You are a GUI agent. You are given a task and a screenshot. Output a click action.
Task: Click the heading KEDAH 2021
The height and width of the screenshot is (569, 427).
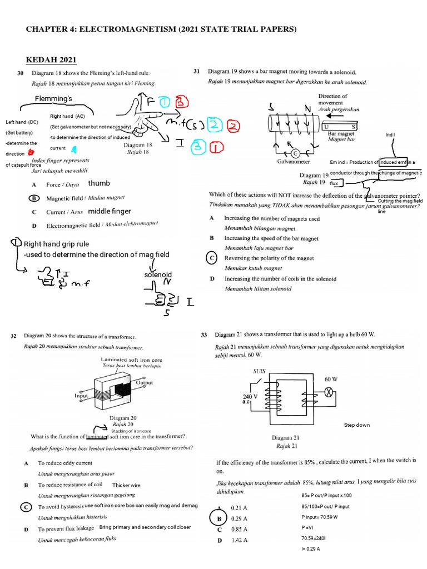click(x=51, y=60)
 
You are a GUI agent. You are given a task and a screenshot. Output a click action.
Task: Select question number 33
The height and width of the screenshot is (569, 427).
click(x=204, y=335)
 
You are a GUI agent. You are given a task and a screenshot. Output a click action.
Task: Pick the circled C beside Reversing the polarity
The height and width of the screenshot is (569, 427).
click(x=212, y=258)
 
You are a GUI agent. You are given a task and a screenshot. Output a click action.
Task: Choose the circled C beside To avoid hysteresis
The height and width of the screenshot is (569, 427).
click(x=25, y=507)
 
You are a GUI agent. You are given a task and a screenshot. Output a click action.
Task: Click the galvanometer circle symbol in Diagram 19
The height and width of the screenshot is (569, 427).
click(x=295, y=153)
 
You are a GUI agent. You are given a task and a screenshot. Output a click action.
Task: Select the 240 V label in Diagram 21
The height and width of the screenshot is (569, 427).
click(x=251, y=397)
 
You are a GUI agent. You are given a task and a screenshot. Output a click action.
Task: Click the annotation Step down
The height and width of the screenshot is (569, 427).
click(x=357, y=425)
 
